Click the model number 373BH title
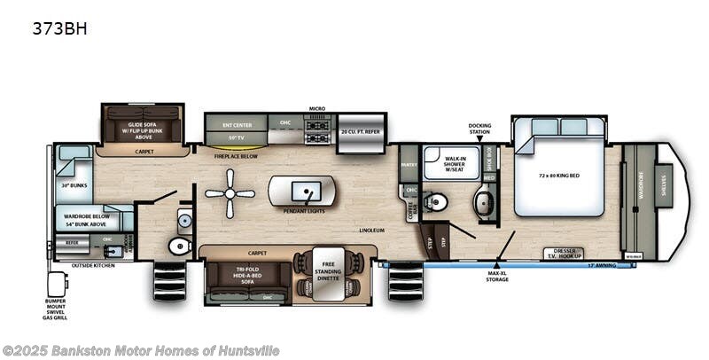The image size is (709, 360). coord(59,27)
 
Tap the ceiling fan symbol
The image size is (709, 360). coord(230,194)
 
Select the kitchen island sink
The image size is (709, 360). coord(306,189)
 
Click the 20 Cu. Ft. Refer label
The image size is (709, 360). coord(360,132)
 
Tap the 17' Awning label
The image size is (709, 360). coord(600,264)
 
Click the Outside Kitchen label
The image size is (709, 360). coord(93,265)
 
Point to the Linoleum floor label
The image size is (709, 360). coord(371,229)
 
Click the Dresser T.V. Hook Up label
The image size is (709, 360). coord(562,254)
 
